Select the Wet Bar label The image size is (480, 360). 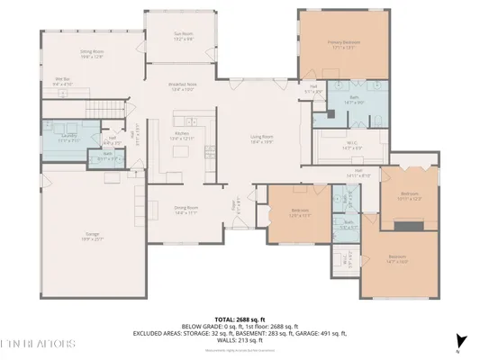62,81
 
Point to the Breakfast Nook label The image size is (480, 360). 183,85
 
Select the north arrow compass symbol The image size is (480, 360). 460,341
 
